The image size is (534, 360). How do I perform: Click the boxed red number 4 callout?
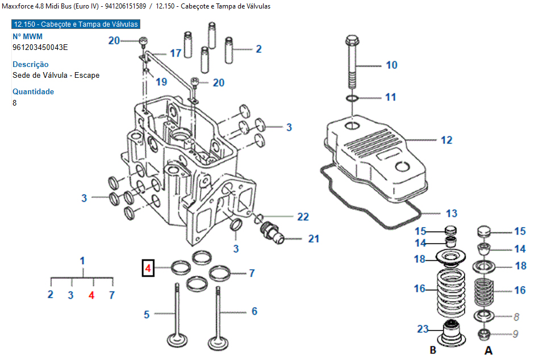tap(147, 267)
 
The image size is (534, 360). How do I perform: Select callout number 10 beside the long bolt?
tap(391, 65)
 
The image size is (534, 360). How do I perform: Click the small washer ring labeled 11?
tap(352, 99)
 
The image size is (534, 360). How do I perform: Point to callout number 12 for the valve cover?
tap(447, 140)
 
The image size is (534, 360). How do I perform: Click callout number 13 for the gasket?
tap(451, 214)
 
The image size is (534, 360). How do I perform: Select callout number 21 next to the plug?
tap(314, 238)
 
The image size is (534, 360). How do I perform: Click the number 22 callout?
tap(303, 216)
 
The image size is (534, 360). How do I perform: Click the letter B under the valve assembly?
tap(433, 350)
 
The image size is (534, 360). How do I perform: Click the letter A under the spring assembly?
tap(487, 350)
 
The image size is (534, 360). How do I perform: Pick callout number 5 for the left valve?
tap(147, 313)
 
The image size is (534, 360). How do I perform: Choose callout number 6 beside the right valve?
tap(255, 311)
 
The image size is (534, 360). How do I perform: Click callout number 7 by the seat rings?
tap(252, 273)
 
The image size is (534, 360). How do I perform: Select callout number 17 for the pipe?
tap(175, 53)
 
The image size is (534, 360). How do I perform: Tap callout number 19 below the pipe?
tap(162, 81)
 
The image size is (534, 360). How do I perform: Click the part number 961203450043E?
tap(40, 47)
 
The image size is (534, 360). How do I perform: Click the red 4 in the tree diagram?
tap(91, 295)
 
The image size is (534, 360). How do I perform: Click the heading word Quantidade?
tap(34, 91)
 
